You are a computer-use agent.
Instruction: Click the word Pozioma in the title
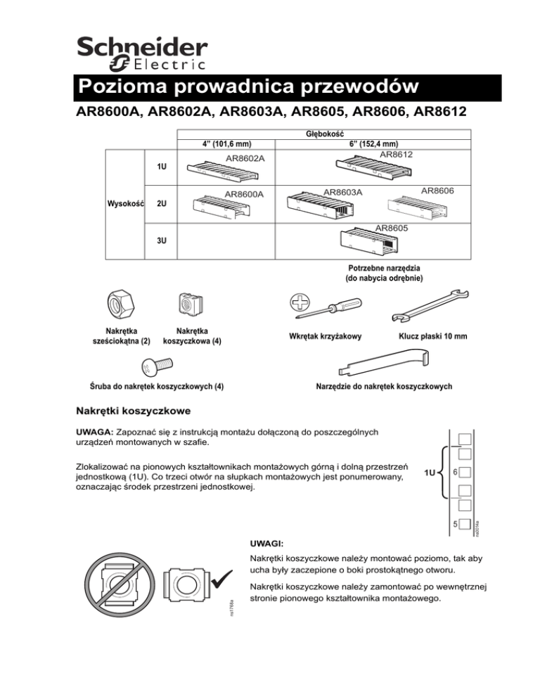(x=122, y=87)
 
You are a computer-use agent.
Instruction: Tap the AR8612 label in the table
(x=396, y=154)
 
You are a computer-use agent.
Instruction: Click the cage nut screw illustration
(x=156, y=366)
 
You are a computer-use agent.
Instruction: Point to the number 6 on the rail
(x=456, y=473)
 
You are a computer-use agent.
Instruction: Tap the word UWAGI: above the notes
(x=267, y=544)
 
